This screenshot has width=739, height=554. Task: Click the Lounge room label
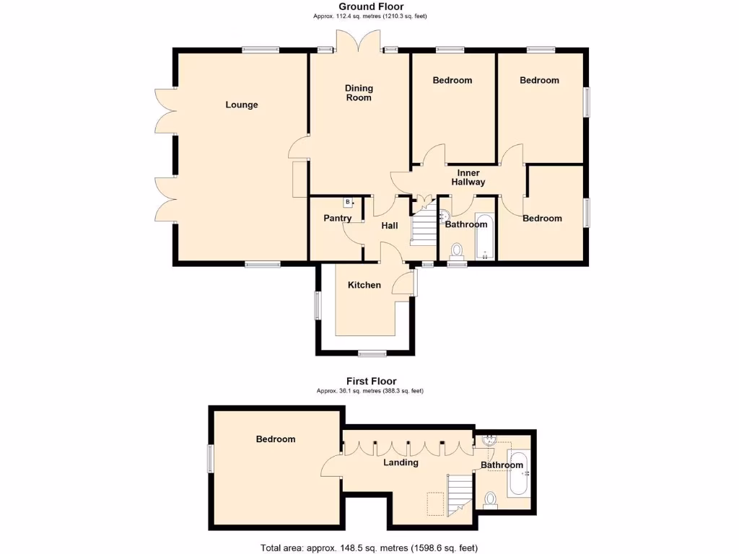pos(242,105)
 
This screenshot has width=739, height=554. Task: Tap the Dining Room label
pos(359,93)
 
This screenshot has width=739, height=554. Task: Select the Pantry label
pos(338,219)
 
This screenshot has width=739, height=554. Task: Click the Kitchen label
pos(364,285)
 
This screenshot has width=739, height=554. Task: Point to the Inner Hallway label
pos(468,177)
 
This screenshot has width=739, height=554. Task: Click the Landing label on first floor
pos(401,462)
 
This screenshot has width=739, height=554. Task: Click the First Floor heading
pos(372,381)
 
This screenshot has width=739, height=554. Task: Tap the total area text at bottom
pos(369,548)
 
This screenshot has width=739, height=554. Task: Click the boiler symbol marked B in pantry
pos(348,202)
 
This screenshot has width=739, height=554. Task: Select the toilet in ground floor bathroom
pos(456,250)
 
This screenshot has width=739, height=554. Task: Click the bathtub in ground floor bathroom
pos(484,236)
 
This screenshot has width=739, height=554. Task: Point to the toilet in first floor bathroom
pos(491,498)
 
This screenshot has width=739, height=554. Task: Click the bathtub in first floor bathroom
pos(517,472)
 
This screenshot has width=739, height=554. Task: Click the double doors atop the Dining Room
pos(359,42)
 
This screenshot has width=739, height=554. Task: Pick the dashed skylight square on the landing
pos(435,503)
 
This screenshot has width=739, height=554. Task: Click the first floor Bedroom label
pos(276,439)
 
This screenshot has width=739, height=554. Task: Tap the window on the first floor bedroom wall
pos(211,459)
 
